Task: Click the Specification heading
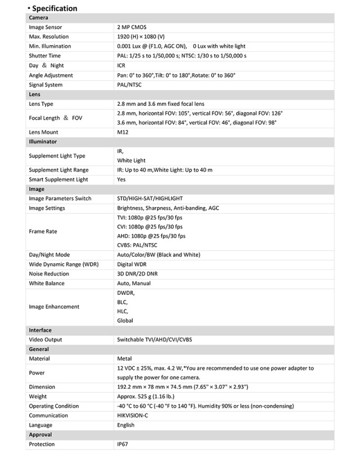point(55,8)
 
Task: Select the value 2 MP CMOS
point(132,27)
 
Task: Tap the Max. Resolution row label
point(49,37)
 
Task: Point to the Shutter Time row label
point(45,56)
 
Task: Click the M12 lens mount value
point(123,132)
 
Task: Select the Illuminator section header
point(43,142)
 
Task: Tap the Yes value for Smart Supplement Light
point(121,179)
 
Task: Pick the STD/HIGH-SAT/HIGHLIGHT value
point(150,199)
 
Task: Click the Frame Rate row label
point(43,231)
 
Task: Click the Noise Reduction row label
point(49,274)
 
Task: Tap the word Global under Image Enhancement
point(125,321)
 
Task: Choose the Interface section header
point(40,330)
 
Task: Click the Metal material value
point(124,358)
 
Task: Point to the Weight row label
point(39,397)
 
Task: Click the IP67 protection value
point(123,444)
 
